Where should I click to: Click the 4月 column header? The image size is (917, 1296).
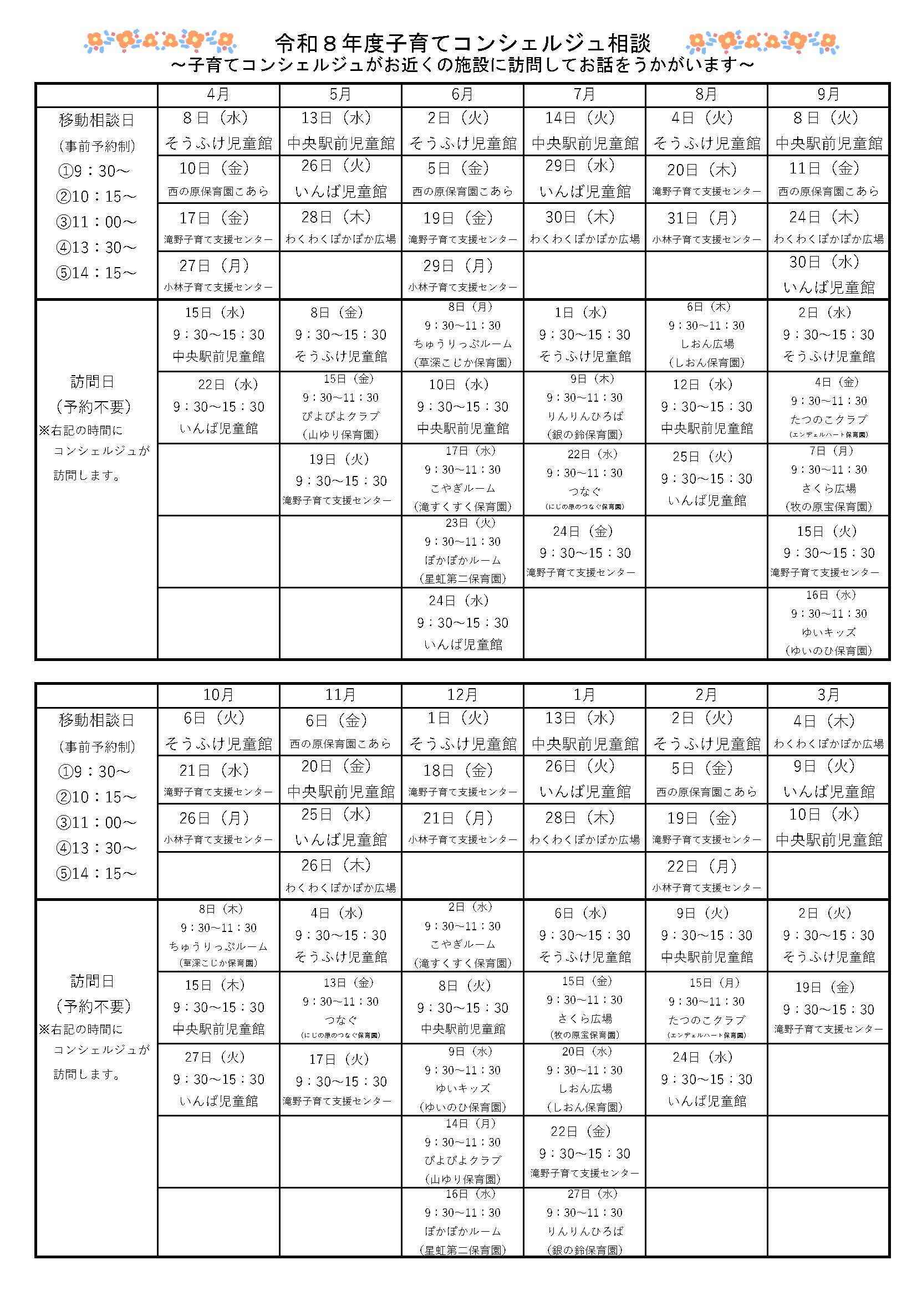coord(218,95)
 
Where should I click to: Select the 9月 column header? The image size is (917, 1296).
coord(828,95)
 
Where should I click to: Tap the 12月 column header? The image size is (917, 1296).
coord(462,695)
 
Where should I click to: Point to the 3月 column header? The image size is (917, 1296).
coord(828,695)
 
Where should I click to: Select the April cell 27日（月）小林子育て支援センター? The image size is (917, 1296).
coord(218,275)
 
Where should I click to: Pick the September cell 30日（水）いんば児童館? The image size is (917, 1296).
coord(828,275)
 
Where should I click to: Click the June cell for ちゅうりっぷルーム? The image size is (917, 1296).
coord(462,335)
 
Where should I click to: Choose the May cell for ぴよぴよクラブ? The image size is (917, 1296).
coord(340,407)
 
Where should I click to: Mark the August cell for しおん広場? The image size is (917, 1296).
coord(706,335)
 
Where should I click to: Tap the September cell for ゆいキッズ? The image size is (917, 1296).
coord(828,623)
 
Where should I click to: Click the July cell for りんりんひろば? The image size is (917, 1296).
coord(584,407)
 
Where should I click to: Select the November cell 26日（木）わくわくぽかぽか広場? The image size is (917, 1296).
coord(340,875)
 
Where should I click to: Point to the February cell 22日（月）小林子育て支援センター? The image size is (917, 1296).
coord(706,875)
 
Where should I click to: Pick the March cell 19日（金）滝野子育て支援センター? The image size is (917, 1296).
coord(828,1007)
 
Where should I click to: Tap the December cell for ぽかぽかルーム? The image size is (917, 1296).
coord(462,1223)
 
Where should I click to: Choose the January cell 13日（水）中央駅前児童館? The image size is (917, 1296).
coord(584,731)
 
